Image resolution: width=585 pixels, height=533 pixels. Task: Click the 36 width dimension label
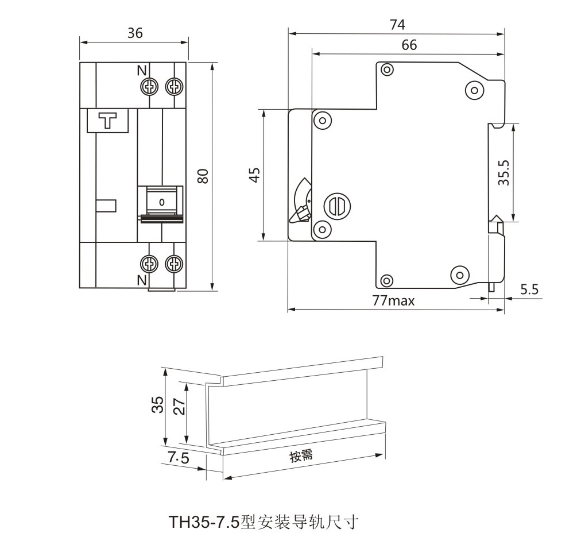pyautogui.click(x=135, y=33)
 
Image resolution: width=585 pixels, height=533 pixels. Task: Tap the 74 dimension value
pyautogui.click(x=397, y=25)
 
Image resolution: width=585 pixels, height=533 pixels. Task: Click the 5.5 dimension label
pyautogui.click(x=529, y=289)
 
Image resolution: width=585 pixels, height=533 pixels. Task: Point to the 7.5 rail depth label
pyautogui.click(x=179, y=458)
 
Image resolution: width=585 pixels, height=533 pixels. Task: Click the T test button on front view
pyautogui.click(x=108, y=121)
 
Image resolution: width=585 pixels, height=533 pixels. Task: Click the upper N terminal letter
pyautogui.click(x=141, y=71)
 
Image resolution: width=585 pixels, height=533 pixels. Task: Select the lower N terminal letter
pyautogui.click(x=141, y=280)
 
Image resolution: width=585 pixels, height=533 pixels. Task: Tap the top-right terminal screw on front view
pyautogui.click(x=173, y=87)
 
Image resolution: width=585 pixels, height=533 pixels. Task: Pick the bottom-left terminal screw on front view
pyautogui.click(x=149, y=264)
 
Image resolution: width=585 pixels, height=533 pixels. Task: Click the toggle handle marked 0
pyautogui.click(x=161, y=202)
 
